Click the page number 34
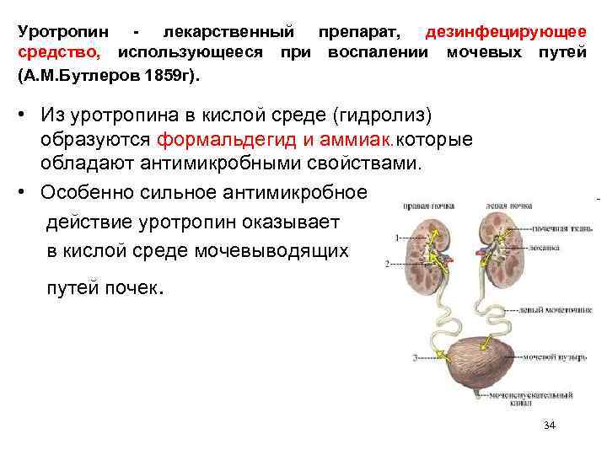[x=550, y=426]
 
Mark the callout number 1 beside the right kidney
[x=398, y=238]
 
